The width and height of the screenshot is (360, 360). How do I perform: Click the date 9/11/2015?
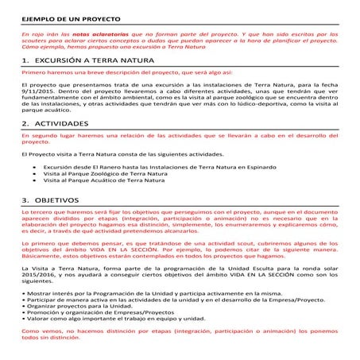coord(37,94)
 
